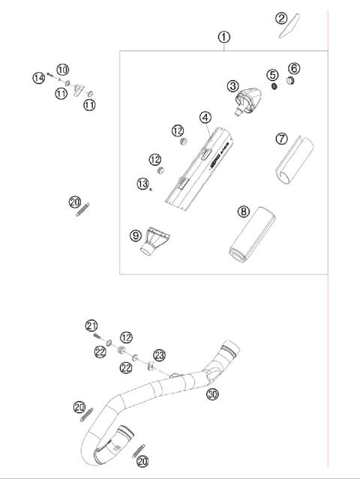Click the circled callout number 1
pos(223,36)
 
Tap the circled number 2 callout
pos(281,18)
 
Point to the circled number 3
pos(234,87)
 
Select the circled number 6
pos(294,68)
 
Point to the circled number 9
pos(136,235)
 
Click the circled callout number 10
pos(62,69)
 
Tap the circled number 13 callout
pos(142,184)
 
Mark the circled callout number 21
pos(91,325)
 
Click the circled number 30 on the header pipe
pos(213,394)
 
